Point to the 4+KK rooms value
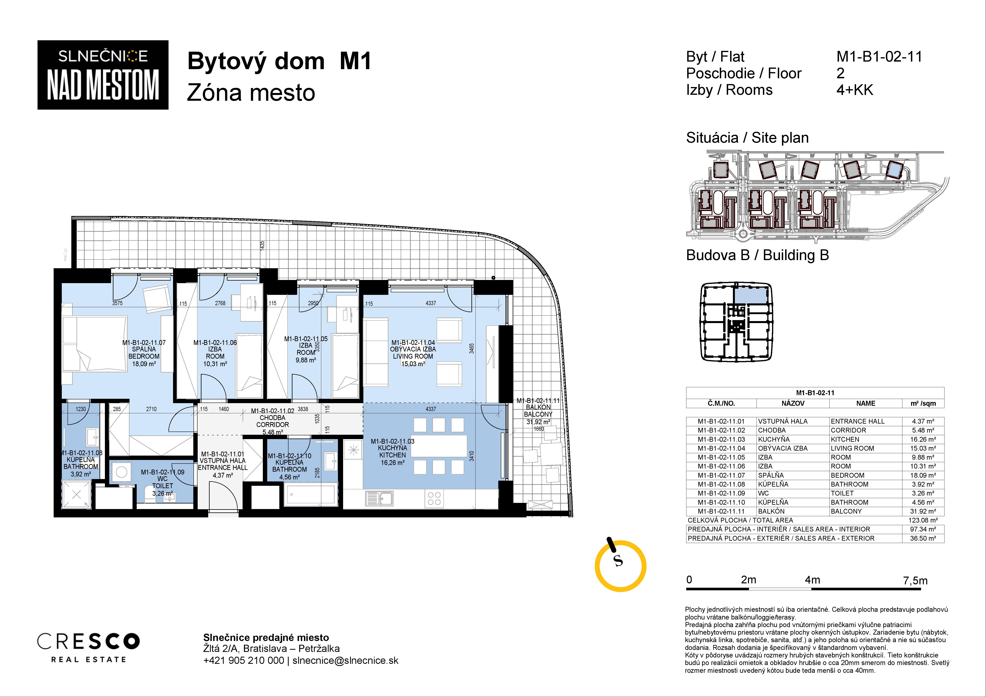pos(855,90)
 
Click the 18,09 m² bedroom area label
pos(144,364)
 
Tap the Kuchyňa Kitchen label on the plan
pos(393,451)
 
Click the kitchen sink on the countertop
pos(379,499)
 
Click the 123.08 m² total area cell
pos(923,520)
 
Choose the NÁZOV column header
pos(793,403)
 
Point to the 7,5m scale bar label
pos(915,581)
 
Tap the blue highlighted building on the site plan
pos(895,170)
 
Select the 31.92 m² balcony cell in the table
pos(923,511)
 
